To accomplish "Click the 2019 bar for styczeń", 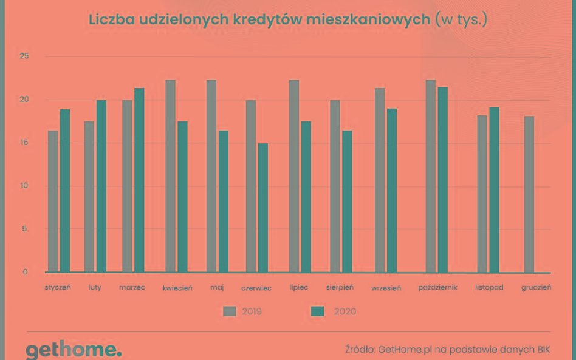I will click(53, 202).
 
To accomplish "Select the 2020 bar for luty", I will click(101, 186).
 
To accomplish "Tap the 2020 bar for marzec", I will click(139, 180).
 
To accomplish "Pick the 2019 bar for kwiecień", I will click(170, 176).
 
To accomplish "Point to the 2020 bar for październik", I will click(442, 180).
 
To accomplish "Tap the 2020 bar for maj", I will click(223, 202).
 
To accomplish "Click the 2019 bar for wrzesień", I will click(380, 180).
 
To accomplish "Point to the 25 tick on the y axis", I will click(24, 56).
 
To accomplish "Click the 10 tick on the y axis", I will click(24, 186).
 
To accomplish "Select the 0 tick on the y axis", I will click(25, 272).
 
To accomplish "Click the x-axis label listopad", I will click(489, 287).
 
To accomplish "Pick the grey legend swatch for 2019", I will click(230, 311).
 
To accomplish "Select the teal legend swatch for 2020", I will click(318, 311).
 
